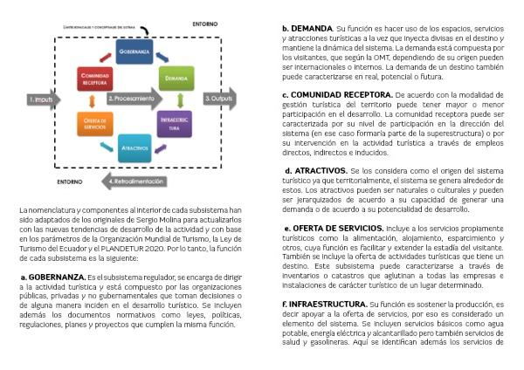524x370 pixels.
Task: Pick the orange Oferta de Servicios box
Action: [95, 123]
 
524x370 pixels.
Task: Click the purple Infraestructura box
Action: [176, 123]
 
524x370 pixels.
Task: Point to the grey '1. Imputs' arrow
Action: [44, 99]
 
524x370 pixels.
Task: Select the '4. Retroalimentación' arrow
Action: [135, 182]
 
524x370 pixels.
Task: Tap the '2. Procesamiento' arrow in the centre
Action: [135, 99]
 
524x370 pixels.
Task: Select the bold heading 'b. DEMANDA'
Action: [307, 28]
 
